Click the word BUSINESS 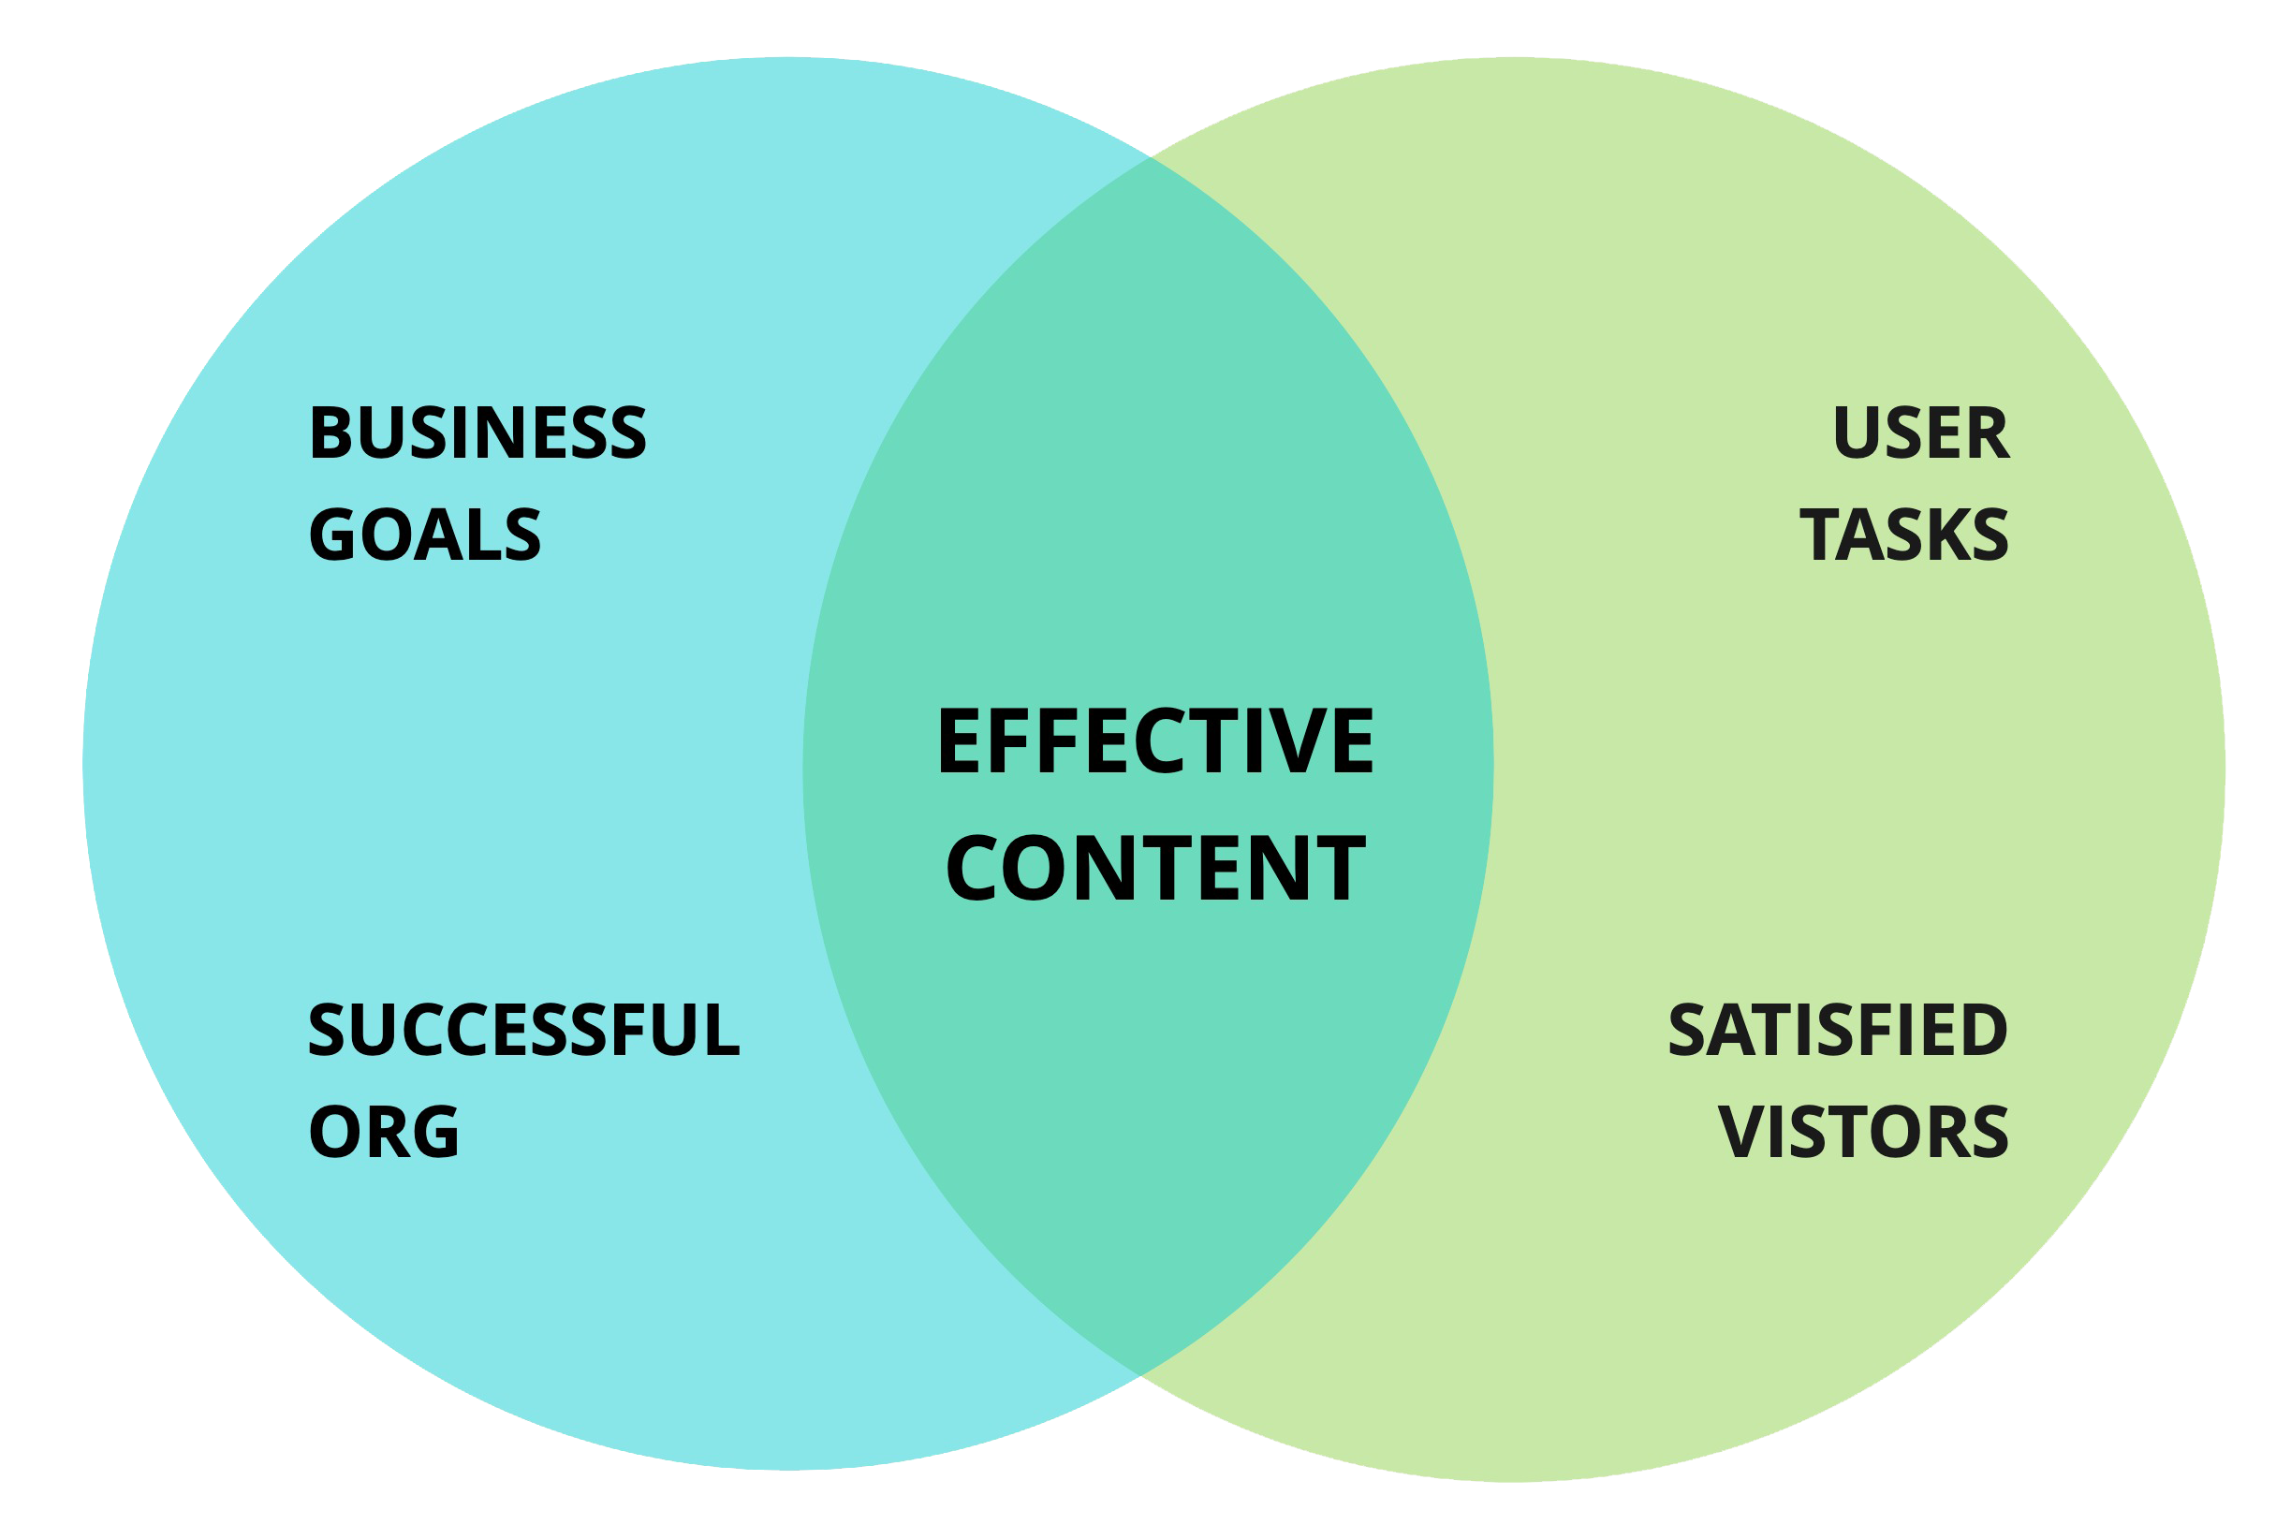(477, 432)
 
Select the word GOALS (424, 535)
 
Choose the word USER (1920, 432)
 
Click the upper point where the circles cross (1150, 156)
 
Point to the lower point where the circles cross (1140, 1376)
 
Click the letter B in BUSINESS (330, 432)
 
